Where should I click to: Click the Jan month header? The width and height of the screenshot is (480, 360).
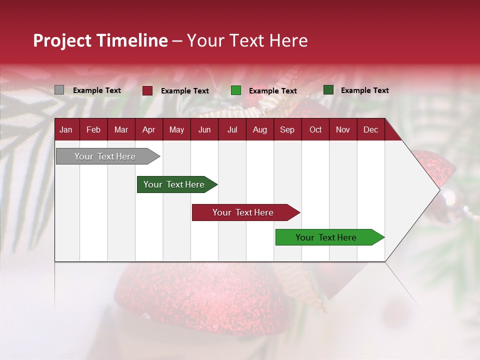click(66, 129)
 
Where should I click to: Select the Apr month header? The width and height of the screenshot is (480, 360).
click(148, 129)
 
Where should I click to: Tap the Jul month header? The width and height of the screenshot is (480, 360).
click(232, 129)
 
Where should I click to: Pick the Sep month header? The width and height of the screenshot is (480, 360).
click(287, 129)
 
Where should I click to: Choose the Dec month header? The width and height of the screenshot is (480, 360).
click(370, 129)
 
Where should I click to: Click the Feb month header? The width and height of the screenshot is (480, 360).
click(93, 129)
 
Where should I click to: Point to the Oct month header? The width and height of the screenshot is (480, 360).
click(315, 129)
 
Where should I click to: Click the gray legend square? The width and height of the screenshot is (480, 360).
click(59, 90)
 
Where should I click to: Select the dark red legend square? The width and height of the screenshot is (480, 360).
click(147, 90)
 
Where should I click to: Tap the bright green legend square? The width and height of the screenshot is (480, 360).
click(235, 90)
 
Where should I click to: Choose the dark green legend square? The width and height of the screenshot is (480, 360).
click(328, 90)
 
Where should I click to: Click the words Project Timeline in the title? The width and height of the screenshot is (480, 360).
click(100, 40)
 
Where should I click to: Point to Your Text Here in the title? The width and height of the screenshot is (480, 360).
click(247, 40)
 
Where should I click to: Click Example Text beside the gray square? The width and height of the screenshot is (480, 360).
click(97, 90)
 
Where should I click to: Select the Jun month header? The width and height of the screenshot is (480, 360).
click(204, 129)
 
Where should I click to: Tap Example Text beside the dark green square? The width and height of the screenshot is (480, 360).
click(365, 90)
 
